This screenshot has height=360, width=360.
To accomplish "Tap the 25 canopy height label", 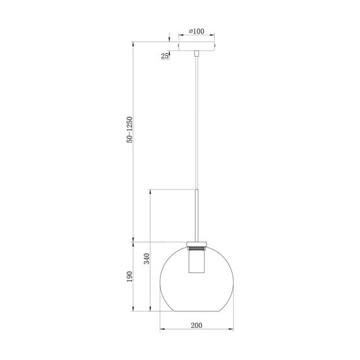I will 165,56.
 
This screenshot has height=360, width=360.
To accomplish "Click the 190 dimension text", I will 129,277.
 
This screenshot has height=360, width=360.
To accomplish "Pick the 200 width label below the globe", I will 196,325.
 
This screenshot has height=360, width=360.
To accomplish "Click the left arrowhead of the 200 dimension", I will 160,330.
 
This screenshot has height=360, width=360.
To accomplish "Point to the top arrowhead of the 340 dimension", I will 150,191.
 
